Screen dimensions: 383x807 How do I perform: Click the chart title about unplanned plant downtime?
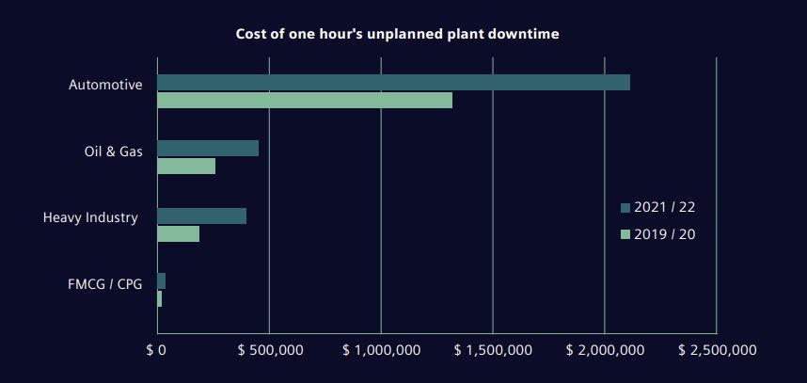tap(397, 35)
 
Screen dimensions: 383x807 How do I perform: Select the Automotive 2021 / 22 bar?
tap(393, 83)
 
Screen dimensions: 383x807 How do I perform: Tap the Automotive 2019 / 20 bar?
tap(305, 101)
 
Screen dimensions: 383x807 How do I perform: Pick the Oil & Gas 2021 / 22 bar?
tap(208, 149)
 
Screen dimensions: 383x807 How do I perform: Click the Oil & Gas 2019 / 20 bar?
tap(186, 167)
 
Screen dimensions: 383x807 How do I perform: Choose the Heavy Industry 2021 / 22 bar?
tap(202, 216)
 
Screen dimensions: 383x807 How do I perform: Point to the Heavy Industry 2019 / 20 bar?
tap(179, 234)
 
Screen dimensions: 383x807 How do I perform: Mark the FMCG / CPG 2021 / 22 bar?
tap(162, 281)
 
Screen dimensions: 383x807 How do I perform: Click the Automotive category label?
tap(105, 86)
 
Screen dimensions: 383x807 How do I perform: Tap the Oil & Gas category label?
tap(114, 152)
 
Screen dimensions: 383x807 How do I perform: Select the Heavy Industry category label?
tap(90, 218)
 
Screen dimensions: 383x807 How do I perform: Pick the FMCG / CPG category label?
tap(105, 284)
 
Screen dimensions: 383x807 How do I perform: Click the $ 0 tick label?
tap(156, 350)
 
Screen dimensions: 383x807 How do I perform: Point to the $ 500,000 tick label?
tap(270, 350)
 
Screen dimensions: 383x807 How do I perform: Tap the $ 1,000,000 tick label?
tap(381, 350)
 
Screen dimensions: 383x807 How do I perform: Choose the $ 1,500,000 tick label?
tap(493, 350)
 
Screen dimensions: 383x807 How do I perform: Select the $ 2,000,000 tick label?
tap(605, 350)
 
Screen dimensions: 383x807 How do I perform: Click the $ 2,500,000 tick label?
tap(717, 350)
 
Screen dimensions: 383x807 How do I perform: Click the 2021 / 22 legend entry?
tap(657, 207)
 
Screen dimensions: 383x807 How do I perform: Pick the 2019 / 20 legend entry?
tap(657, 233)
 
